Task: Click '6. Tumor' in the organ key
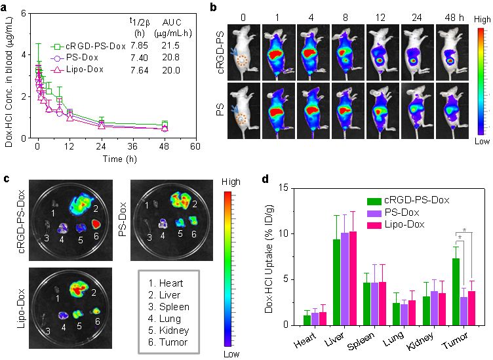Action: click(168, 342)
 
